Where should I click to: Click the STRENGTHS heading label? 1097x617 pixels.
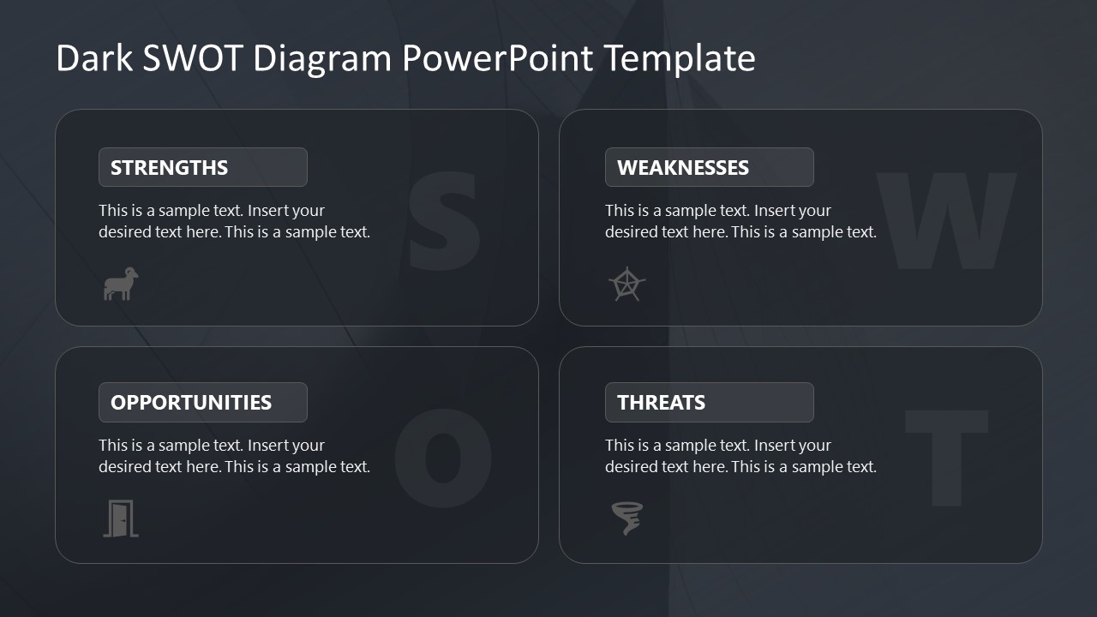pos(170,167)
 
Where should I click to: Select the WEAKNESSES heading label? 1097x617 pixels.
pos(683,167)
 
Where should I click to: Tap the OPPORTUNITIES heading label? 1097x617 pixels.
pos(191,402)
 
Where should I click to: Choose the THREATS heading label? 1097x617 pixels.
pos(661,402)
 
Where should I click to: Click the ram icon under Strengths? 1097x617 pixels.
pos(121,284)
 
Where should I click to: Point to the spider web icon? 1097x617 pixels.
pos(626,285)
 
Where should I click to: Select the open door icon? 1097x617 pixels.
pos(121,518)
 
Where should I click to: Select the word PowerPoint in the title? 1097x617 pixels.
pos(497,58)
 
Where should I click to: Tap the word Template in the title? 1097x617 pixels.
pos(680,58)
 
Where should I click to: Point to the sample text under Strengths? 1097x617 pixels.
pos(234,221)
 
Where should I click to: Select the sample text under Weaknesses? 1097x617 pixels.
pos(740,221)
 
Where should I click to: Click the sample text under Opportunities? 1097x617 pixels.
pos(234,456)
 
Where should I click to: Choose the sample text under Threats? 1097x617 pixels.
pos(740,456)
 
